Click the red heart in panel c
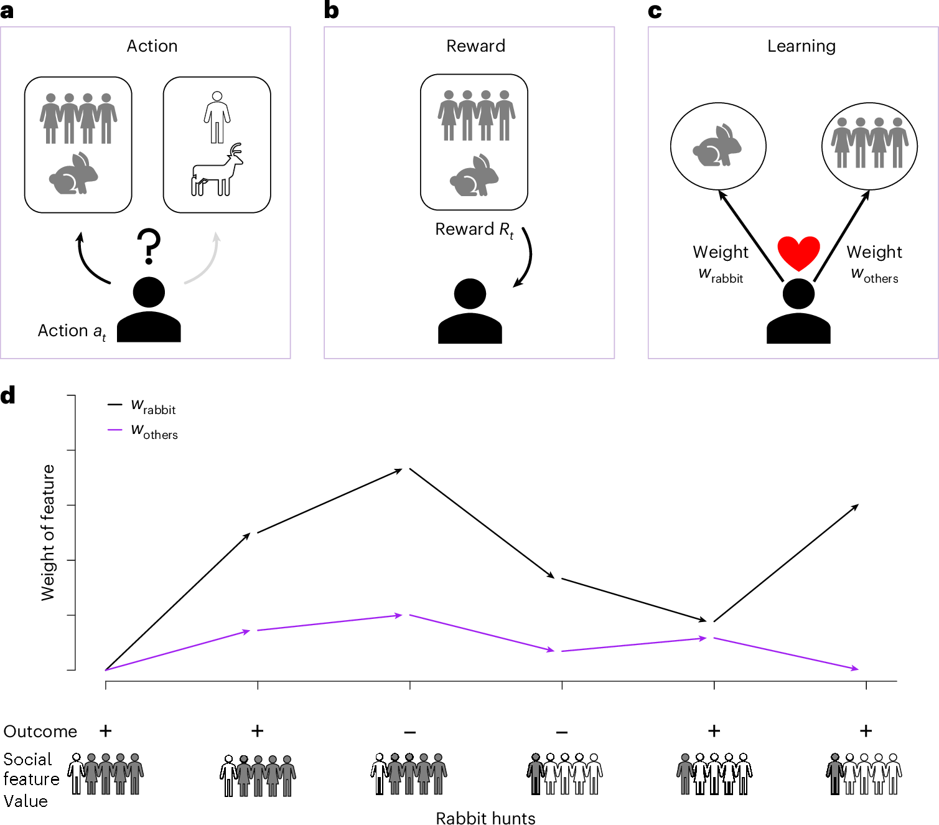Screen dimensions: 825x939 [798, 253]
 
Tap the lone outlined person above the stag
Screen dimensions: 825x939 [217, 117]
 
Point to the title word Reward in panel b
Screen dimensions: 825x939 [475, 46]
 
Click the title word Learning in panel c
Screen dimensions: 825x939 [801, 46]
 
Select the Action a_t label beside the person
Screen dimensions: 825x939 [72, 331]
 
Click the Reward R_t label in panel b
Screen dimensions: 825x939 [474, 230]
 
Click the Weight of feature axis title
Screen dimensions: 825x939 [48, 532]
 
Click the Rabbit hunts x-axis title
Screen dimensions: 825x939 [485, 818]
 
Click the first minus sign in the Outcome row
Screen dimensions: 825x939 [409, 732]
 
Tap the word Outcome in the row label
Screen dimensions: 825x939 [40, 732]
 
